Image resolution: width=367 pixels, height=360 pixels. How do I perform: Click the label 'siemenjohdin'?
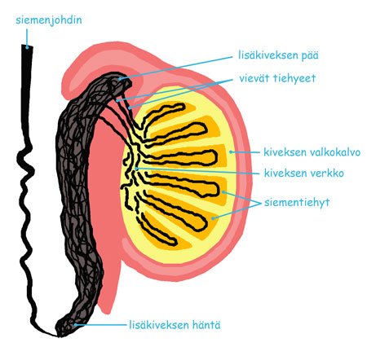49,20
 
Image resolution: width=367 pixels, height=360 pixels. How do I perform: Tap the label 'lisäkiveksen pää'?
278,55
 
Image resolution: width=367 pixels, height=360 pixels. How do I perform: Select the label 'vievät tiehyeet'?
277,78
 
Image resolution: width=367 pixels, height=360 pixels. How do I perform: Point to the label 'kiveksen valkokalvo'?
312,152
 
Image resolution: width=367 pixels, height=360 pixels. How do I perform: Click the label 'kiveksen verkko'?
304,173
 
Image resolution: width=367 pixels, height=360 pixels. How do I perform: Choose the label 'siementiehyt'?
297,202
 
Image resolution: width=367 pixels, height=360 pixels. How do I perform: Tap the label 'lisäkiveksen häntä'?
175,325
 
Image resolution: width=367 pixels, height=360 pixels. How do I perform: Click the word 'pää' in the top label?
307,55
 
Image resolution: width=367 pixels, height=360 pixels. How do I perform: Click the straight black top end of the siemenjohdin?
27,46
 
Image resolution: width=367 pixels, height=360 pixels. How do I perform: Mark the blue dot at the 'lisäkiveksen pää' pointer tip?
120,79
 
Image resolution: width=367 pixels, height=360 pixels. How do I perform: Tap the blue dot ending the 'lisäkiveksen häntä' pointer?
75,325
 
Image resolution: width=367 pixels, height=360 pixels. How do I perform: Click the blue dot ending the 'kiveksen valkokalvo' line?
231,152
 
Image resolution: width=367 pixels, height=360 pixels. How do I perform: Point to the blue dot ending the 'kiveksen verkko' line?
136,169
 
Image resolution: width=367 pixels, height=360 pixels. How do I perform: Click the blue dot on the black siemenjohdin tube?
27,47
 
